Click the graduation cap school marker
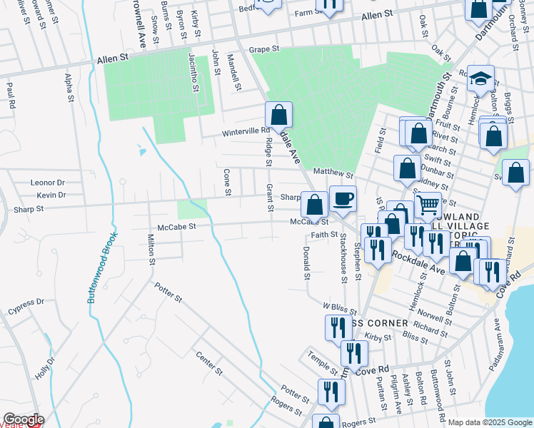(x=481, y=78)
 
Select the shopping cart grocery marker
(x=428, y=205)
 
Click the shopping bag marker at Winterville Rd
(x=278, y=115)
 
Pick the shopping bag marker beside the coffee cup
(x=314, y=205)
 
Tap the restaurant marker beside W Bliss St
(x=336, y=327)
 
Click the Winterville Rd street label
(x=245, y=131)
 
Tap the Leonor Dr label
(x=48, y=183)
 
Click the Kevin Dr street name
(x=51, y=195)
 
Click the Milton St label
(x=151, y=249)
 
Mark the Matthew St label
(x=333, y=173)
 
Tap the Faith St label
(x=324, y=234)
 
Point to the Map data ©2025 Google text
(x=489, y=422)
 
